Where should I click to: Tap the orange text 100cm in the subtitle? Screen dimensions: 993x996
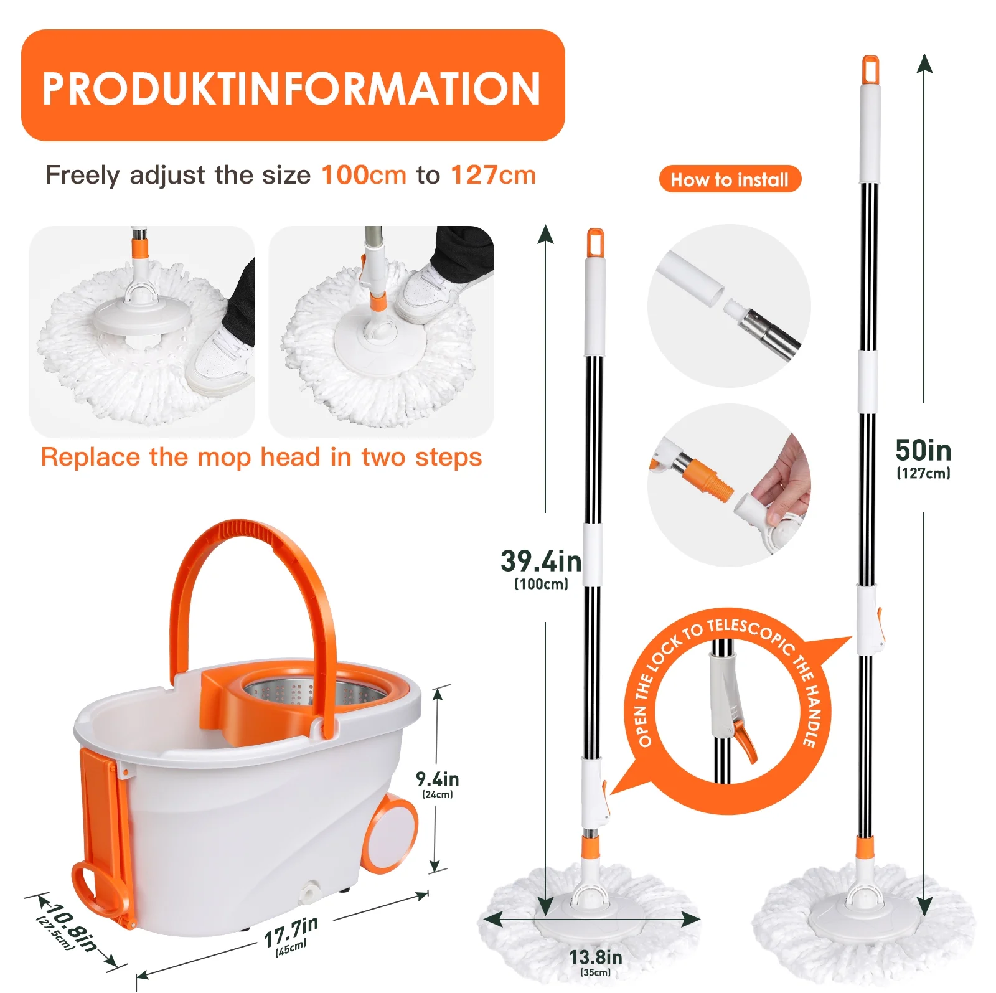[x=364, y=175]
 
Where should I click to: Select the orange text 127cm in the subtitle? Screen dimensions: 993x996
[x=493, y=175]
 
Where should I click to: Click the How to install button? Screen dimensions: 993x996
[x=730, y=179]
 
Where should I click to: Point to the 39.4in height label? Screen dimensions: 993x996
[x=540, y=562]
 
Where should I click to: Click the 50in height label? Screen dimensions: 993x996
[x=923, y=451]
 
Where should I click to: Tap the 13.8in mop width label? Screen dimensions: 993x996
[x=595, y=956]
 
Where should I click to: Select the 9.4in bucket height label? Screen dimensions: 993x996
[x=437, y=779]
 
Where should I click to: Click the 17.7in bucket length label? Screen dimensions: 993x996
[x=291, y=931]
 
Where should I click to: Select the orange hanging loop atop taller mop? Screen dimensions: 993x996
[x=870, y=70]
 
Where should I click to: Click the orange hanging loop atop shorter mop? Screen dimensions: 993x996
[x=595, y=242]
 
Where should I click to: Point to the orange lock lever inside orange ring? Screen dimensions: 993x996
[x=745, y=740]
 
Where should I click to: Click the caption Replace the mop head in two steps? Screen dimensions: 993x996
[x=261, y=457]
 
